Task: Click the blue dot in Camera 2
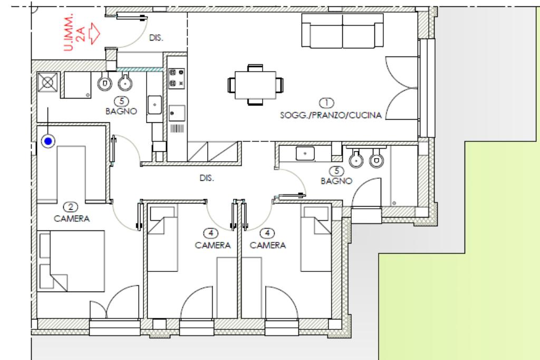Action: (x=48, y=141)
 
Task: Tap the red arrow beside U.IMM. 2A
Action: (x=94, y=33)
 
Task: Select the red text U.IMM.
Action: (x=69, y=32)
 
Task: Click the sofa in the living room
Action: (x=342, y=31)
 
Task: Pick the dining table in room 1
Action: (x=255, y=85)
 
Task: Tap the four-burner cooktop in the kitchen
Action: (x=176, y=79)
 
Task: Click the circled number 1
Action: (x=326, y=103)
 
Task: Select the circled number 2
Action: (x=71, y=207)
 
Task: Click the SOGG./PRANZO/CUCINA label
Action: (x=331, y=115)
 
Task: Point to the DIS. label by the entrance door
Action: (x=156, y=37)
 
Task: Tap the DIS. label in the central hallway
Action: (x=207, y=178)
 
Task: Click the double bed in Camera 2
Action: (x=71, y=261)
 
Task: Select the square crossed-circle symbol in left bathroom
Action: (x=47, y=83)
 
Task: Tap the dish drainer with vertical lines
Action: (x=177, y=129)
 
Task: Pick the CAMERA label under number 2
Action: (x=72, y=219)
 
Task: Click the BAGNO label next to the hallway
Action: (x=336, y=181)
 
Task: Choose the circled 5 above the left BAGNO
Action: (x=121, y=101)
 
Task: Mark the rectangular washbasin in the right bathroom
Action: (x=305, y=153)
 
